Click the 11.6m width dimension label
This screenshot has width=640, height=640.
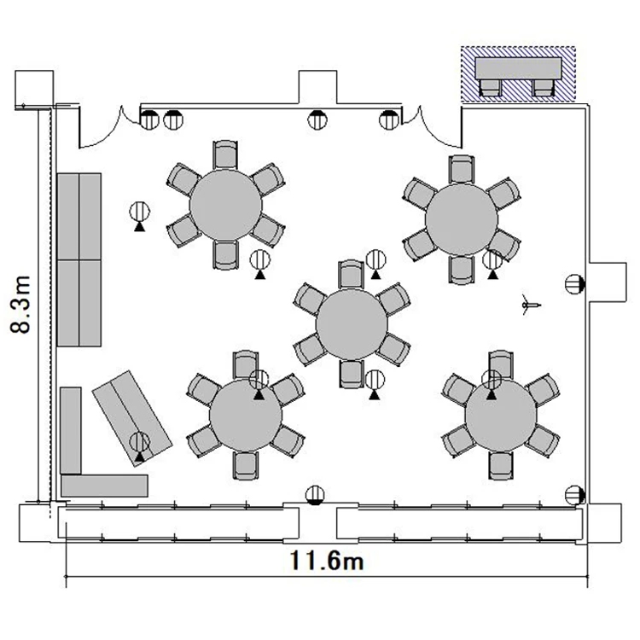click(x=327, y=560)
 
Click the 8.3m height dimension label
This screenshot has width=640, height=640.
click(x=20, y=305)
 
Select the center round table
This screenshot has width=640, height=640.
click(x=352, y=324)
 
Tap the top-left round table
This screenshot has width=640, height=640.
click(x=225, y=205)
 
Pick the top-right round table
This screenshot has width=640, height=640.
click(x=461, y=219)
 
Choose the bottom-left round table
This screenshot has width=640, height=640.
click(x=246, y=415)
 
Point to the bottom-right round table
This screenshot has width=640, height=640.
click(x=501, y=415)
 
